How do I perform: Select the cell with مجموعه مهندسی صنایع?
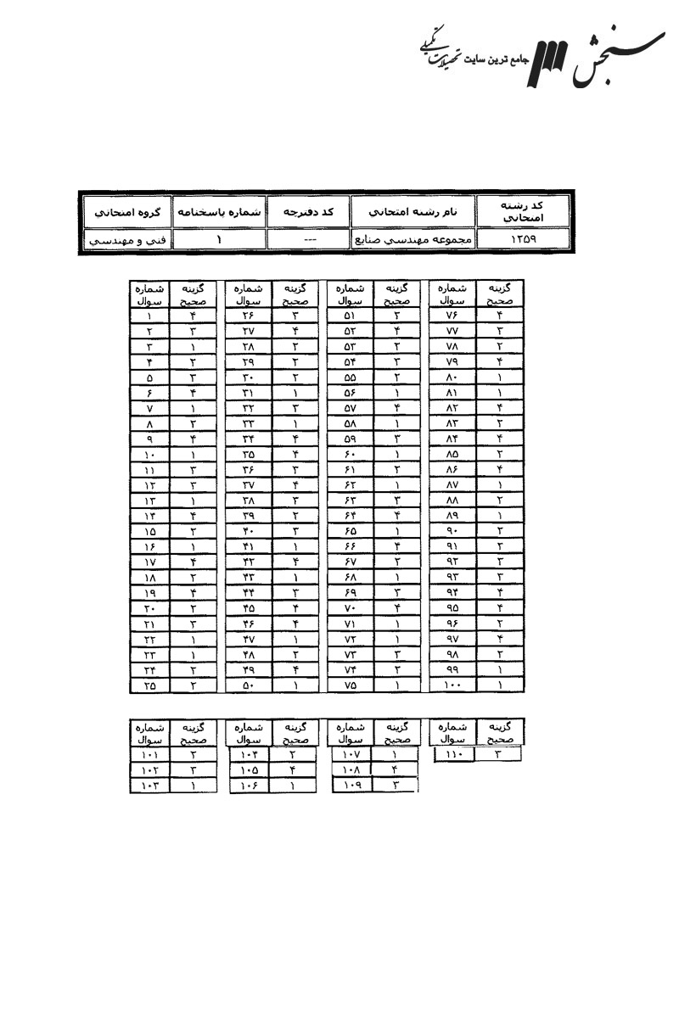click(414, 240)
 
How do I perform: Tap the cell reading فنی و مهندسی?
click(126, 240)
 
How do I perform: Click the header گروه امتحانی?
click(126, 210)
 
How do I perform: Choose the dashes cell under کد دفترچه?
click(308, 240)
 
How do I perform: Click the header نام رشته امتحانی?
click(414, 210)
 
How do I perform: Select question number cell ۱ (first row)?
click(149, 316)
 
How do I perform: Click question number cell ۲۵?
click(149, 684)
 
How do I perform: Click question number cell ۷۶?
click(452, 316)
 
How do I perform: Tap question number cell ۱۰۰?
click(452, 684)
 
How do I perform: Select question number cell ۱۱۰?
click(453, 752)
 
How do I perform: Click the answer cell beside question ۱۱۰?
click(498, 752)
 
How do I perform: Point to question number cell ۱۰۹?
click(351, 786)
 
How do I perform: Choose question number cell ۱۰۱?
click(149, 752)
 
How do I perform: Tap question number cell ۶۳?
click(350, 501)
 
